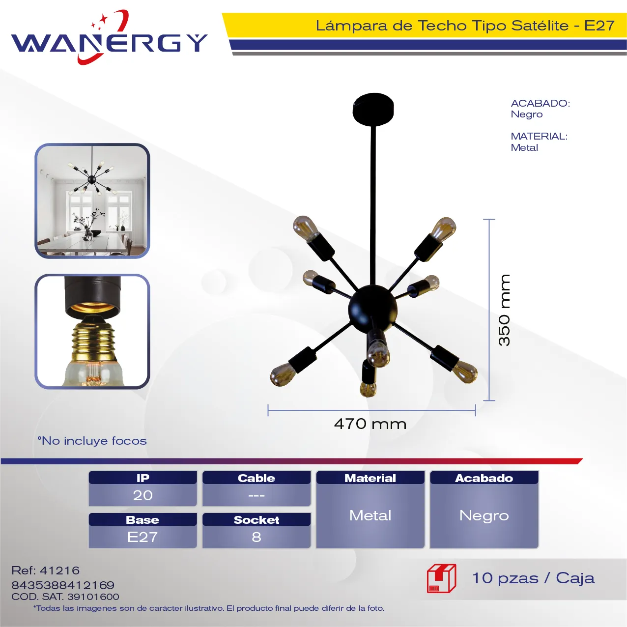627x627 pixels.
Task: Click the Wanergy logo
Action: pos(109,38)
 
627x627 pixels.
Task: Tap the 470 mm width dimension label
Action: pos(370,424)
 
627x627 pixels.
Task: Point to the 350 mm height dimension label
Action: pos(504,310)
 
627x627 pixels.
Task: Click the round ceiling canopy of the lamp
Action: pos(373,109)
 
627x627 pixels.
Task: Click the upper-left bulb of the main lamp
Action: pos(306,228)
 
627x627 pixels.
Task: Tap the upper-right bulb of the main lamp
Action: pos(443,229)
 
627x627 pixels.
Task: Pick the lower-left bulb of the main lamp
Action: pos(282,374)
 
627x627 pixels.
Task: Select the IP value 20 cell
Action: pos(143,495)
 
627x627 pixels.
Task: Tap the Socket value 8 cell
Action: pos(256,537)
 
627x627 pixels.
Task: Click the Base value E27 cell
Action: pos(143,537)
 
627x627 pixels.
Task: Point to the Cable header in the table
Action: pos(256,478)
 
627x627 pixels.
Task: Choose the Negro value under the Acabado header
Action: pos(484,515)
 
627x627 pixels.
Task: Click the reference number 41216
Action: pos(60,570)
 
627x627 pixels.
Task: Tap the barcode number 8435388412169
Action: pos(63,585)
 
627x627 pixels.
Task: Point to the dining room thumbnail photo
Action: pos(92,201)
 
